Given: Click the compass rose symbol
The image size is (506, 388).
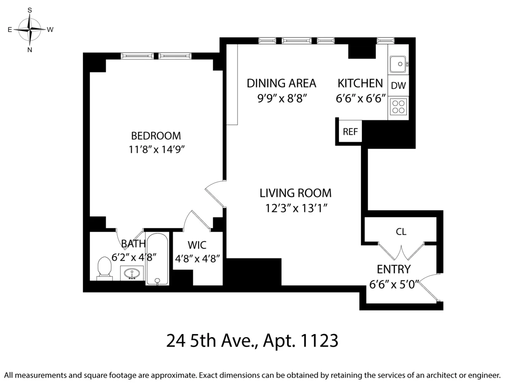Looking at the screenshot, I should [30, 29].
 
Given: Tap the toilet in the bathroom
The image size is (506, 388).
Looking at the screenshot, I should [104, 268].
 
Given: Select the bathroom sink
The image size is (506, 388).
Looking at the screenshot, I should [132, 273].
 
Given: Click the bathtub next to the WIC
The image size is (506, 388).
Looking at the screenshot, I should [157, 259].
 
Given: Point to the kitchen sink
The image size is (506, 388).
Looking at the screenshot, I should [398, 64].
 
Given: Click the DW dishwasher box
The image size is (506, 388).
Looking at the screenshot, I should [398, 86].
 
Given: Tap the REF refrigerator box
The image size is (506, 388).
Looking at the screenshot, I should [350, 131].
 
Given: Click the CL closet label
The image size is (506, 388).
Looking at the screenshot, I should [401, 231].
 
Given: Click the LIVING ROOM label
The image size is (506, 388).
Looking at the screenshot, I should [295, 193].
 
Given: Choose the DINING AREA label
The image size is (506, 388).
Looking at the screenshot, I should [281, 83].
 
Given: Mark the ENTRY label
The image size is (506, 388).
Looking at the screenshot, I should [393, 269].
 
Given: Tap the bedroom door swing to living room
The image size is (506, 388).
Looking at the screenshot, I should [215, 194].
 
